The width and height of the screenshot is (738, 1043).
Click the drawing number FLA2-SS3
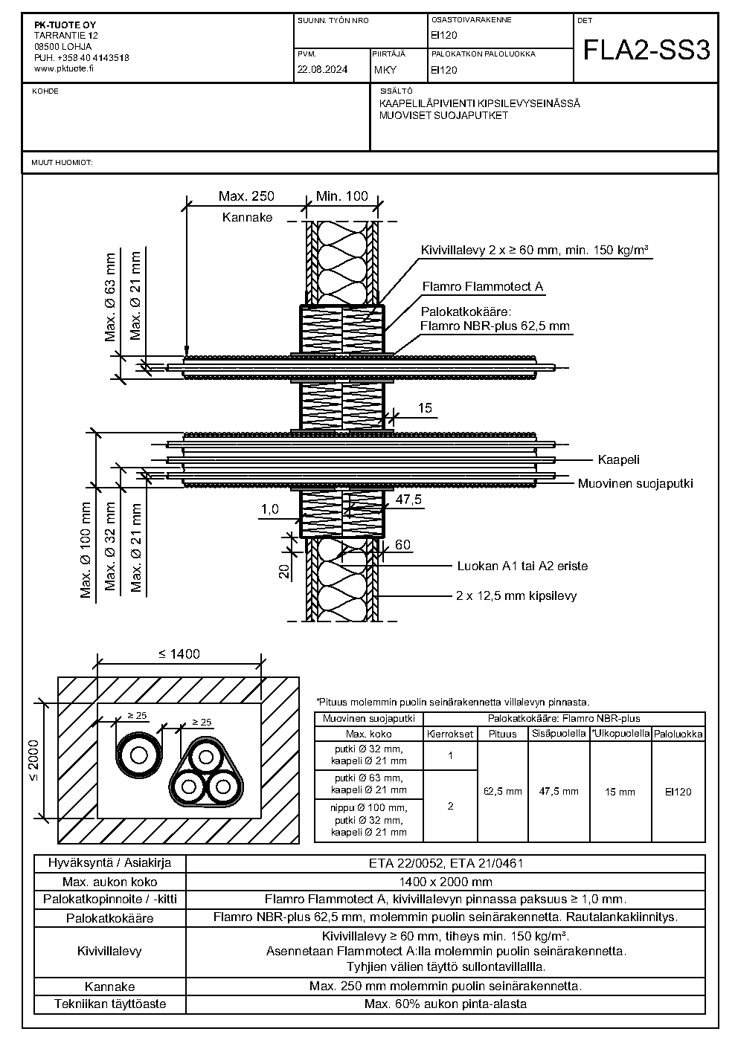(646, 51)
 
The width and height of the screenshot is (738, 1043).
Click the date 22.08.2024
(322, 70)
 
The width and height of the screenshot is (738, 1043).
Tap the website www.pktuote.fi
(64, 68)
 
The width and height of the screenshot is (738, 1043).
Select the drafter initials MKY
(385, 70)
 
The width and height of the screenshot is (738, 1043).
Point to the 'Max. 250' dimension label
(246, 196)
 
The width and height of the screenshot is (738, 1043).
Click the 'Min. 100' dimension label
(342, 196)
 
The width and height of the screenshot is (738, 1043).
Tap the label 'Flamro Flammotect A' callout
(483, 286)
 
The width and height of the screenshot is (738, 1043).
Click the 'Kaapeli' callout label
(619, 459)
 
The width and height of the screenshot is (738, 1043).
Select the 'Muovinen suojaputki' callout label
(635, 483)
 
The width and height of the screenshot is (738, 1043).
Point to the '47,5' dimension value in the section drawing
(408, 500)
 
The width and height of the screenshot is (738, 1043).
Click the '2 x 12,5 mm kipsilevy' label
(516, 595)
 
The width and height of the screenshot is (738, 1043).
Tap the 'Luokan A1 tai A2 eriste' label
(522, 566)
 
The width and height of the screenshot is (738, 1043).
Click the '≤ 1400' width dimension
(179, 653)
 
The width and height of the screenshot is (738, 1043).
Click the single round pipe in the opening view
(139, 755)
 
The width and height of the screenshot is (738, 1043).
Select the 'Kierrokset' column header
(450, 734)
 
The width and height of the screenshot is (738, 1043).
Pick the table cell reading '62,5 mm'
(503, 791)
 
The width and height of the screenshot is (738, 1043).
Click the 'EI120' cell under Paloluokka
(678, 792)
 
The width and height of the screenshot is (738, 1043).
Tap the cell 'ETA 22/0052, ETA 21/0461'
(446, 863)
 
